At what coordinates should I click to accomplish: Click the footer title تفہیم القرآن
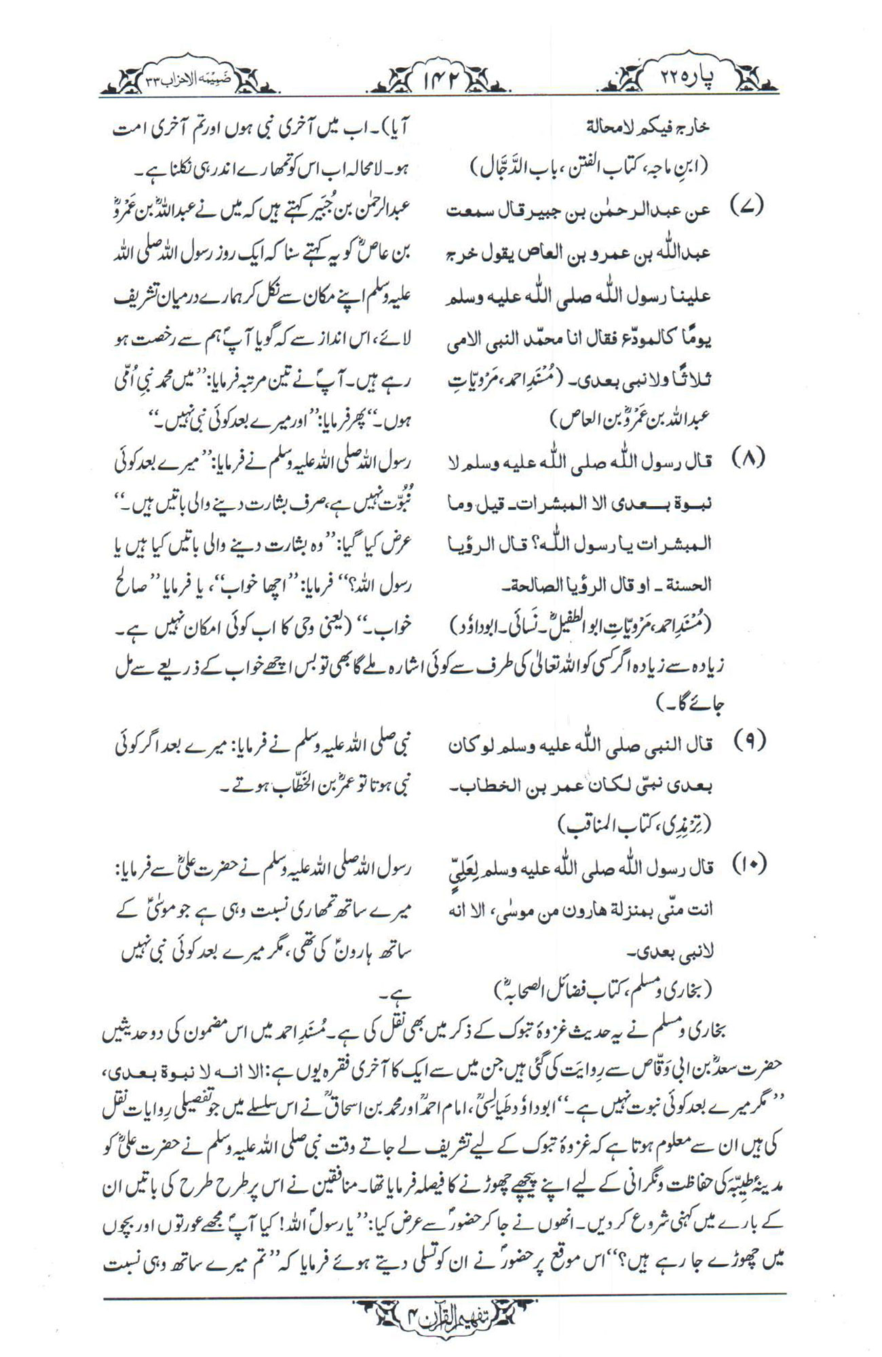point(440,1318)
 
